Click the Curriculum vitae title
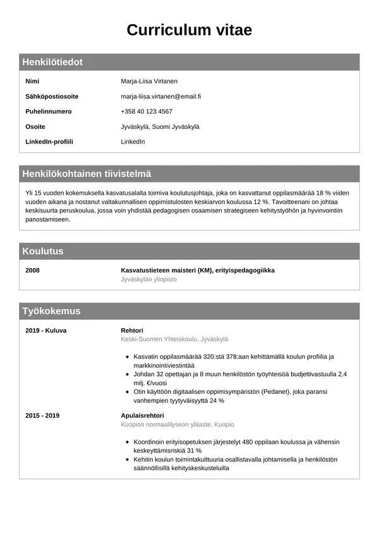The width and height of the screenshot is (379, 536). click(189, 30)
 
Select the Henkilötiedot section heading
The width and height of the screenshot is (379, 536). click(52, 62)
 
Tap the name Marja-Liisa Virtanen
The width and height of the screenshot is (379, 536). click(149, 82)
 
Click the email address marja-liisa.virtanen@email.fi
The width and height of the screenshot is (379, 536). click(160, 97)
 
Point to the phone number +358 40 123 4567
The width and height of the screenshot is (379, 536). click(147, 111)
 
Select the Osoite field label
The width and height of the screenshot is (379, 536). click(35, 126)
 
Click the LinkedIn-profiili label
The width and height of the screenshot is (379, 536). click(49, 142)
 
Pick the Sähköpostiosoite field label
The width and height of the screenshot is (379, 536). click(52, 97)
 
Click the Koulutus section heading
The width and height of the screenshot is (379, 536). click(43, 251)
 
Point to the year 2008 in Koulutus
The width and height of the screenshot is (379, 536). click(32, 271)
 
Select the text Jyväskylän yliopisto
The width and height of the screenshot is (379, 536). click(148, 279)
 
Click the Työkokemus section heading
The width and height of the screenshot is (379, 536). click(51, 311)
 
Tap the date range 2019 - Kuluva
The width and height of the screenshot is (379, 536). click(45, 331)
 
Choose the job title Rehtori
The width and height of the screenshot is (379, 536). click(132, 331)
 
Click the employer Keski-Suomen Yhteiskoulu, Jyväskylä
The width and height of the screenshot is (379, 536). click(174, 339)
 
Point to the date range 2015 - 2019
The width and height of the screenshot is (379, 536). click(42, 416)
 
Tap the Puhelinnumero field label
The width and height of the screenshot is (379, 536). click(49, 111)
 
